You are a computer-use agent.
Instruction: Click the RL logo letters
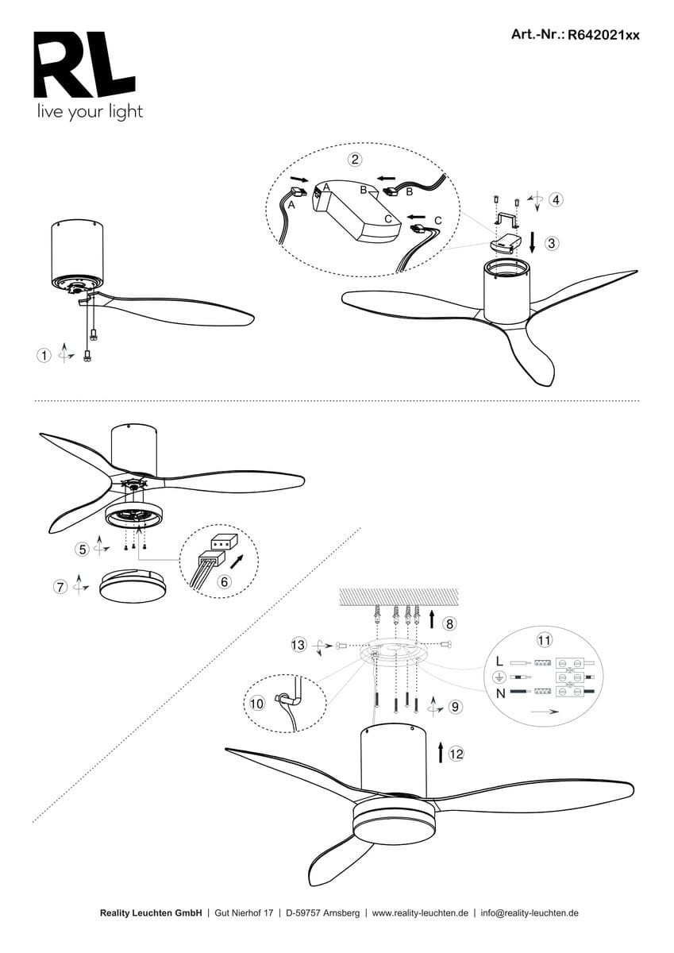point(84,64)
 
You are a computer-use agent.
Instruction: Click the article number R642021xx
point(603,35)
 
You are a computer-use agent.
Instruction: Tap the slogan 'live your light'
point(90,112)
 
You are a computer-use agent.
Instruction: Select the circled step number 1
point(44,355)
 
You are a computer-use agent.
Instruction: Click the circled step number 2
point(355,160)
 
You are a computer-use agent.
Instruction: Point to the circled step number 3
point(552,243)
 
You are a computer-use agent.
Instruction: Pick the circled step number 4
point(557,199)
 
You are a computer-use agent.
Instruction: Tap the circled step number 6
point(224,581)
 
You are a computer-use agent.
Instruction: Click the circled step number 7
point(60,587)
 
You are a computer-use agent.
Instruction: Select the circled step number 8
point(449,623)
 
